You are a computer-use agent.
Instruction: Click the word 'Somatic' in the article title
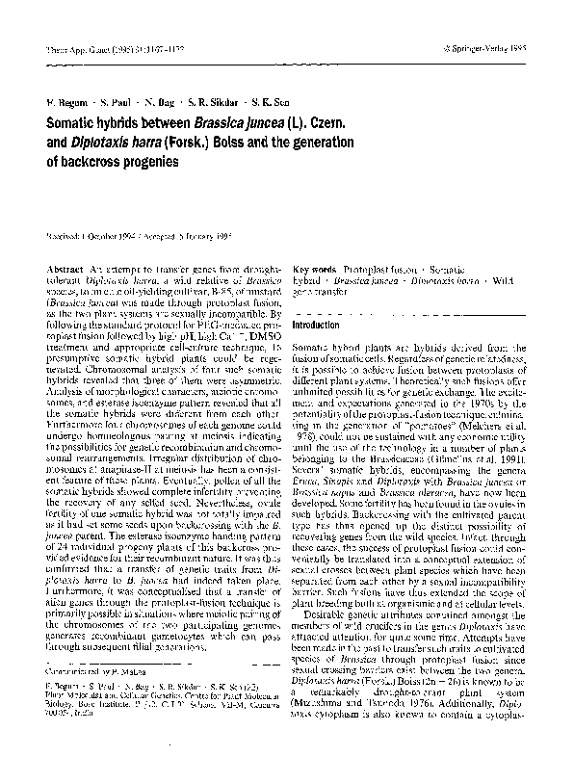click(x=73, y=126)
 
